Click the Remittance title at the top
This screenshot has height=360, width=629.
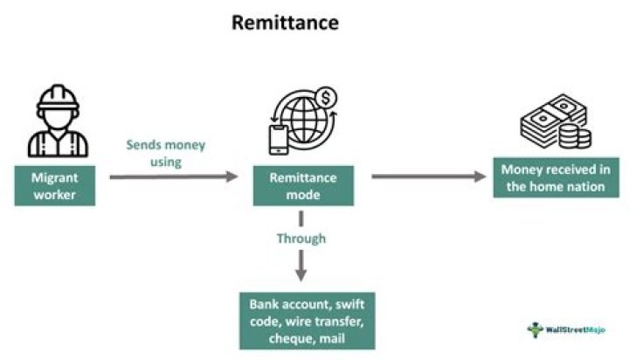[285, 24]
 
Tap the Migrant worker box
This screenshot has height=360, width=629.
[56, 185]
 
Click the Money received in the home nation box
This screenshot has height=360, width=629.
[550, 177]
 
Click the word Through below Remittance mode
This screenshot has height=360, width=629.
[301, 238]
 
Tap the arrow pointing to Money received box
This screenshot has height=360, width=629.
[428, 177]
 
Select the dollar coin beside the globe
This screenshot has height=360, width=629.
[327, 98]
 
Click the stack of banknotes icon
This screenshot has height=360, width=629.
[545, 125]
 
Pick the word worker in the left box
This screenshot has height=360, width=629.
[56, 194]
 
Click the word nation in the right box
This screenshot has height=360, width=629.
[586, 186]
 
